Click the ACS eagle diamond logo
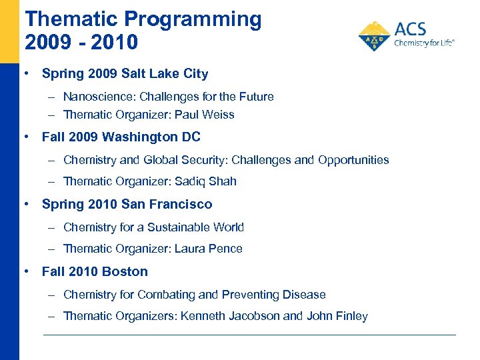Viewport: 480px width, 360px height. [x=375, y=37]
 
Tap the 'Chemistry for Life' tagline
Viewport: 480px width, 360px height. [x=424, y=42]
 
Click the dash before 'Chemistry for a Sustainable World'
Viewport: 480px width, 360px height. [x=51, y=227]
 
